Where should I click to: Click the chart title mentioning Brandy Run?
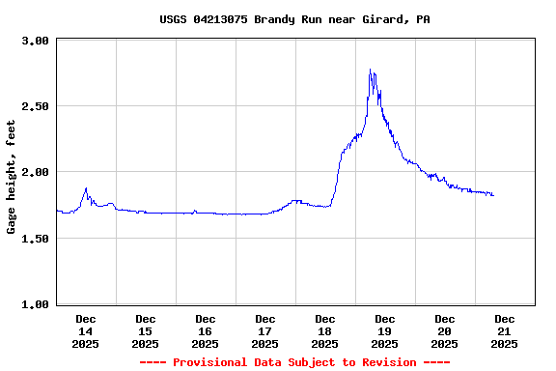294,19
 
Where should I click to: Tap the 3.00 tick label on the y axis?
36,41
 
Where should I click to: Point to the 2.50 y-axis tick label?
36,106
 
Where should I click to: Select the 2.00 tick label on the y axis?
36,172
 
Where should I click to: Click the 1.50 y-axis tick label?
36,239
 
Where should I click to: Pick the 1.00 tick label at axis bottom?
36,304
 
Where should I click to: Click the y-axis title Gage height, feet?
12,177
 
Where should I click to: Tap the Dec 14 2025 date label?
85,330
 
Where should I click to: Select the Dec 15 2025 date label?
145,330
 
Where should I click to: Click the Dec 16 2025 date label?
205,330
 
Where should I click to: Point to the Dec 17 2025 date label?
264,330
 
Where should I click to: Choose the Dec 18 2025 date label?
324,330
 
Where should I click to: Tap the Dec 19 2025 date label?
384,330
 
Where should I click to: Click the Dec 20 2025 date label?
444,330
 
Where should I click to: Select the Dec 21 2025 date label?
504,330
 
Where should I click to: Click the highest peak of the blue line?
371,70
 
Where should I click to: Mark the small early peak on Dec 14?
86,188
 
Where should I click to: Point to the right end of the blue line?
493,195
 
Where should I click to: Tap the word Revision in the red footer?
387,362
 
